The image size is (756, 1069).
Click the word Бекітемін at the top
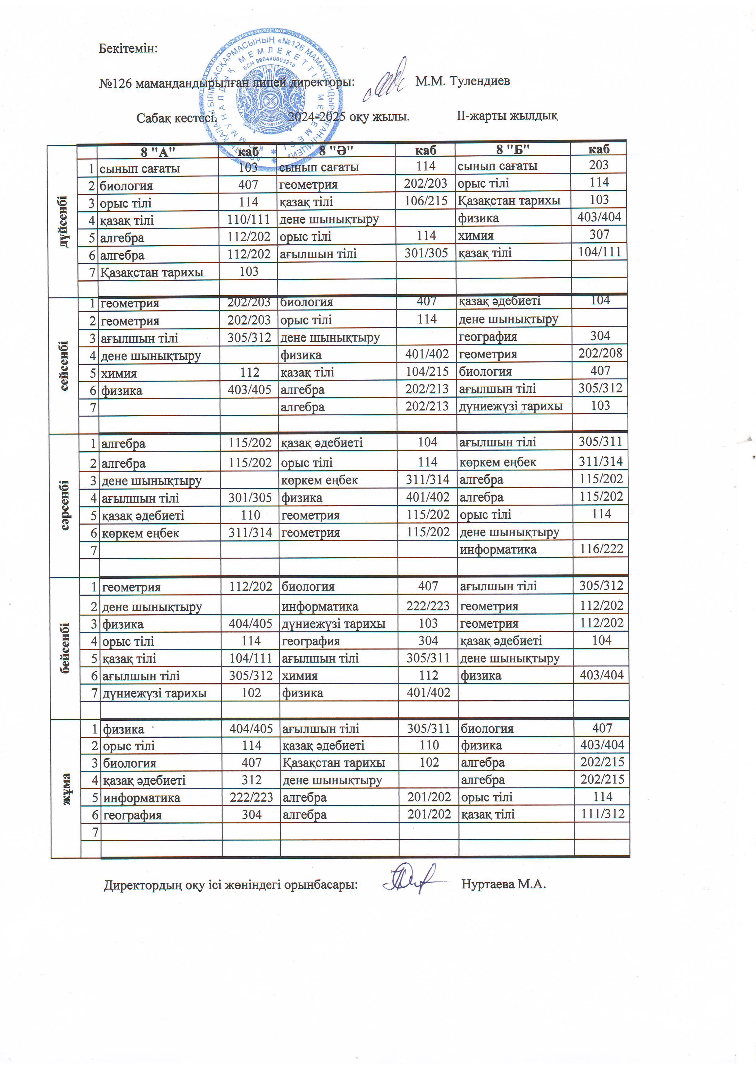click(x=128, y=48)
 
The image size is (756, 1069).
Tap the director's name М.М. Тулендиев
click(x=462, y=81)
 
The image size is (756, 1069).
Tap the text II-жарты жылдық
click(x=507, y=115)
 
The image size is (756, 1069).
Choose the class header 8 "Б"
click(x=512, y=149)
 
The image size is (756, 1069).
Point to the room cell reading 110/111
click(x=248, y=219)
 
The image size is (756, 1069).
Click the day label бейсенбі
click(x=65, y=648)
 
